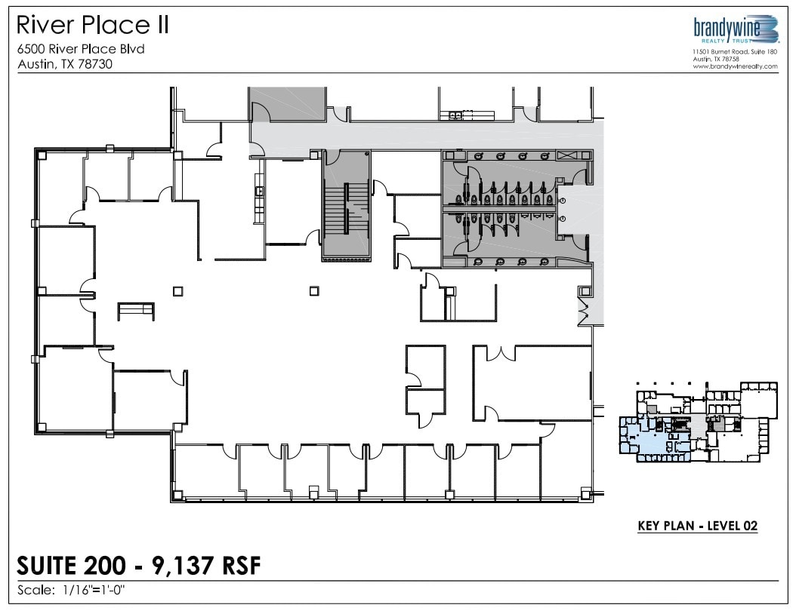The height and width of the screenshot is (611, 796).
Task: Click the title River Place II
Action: (92, 26)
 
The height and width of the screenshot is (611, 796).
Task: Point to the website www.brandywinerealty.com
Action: (735, 66)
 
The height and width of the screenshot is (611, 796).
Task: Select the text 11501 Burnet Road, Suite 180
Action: (735, 52)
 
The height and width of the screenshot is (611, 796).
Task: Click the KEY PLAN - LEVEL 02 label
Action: (697, 526)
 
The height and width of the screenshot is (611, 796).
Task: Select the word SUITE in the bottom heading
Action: (47, 566)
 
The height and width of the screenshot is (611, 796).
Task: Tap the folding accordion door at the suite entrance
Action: (584, 309)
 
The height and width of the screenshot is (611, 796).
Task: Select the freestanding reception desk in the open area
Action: (136, 311)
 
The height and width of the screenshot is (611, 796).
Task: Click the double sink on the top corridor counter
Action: (455, 115)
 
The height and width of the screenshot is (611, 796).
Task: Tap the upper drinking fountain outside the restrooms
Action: (562, 201)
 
